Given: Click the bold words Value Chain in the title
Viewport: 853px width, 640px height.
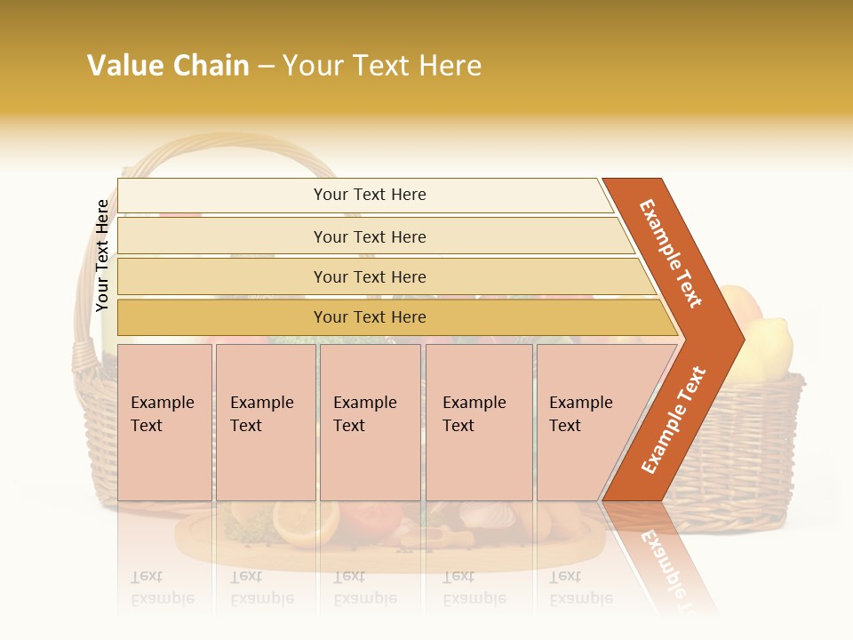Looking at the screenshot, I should pyautogui.click(x=168, y=66).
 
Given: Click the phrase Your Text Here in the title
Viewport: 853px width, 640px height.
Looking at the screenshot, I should pyautogui.click(x=382, y=66).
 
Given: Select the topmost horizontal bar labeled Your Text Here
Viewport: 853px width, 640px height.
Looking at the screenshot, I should pyautogui.click(x=369, y=195).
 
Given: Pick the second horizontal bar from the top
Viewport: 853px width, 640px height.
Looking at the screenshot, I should pyautogui.click(x=369, y=236).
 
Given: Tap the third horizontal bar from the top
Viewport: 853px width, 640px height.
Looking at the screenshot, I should pyautogui.click(x=369, y=276).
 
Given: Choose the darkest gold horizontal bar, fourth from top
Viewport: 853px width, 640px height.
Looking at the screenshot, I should pyautogui.click(x=369, y=317).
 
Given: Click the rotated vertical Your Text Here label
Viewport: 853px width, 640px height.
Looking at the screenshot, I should pyautogui.click(x=102, y=255).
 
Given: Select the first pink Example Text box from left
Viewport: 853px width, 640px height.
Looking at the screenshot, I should pyautogui.click(x=164, y=422).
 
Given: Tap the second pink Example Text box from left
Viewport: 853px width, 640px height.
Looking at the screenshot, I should pyautogui.click(x=265, y=422).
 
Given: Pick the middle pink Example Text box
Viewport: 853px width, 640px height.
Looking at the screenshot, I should pyautogui.click(x=370, y=422).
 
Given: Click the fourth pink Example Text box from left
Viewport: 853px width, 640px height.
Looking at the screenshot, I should pyautogui.click(x=478, y=422).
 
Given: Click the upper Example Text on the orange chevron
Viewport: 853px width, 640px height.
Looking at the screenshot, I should pyautogui.click(x=671, y=253).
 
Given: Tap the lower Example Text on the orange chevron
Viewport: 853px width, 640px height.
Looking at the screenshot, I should pyautogui.click(x=673, y=420).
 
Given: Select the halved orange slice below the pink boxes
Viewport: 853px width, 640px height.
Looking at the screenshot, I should pyautogui.click(x=305, y=523).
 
